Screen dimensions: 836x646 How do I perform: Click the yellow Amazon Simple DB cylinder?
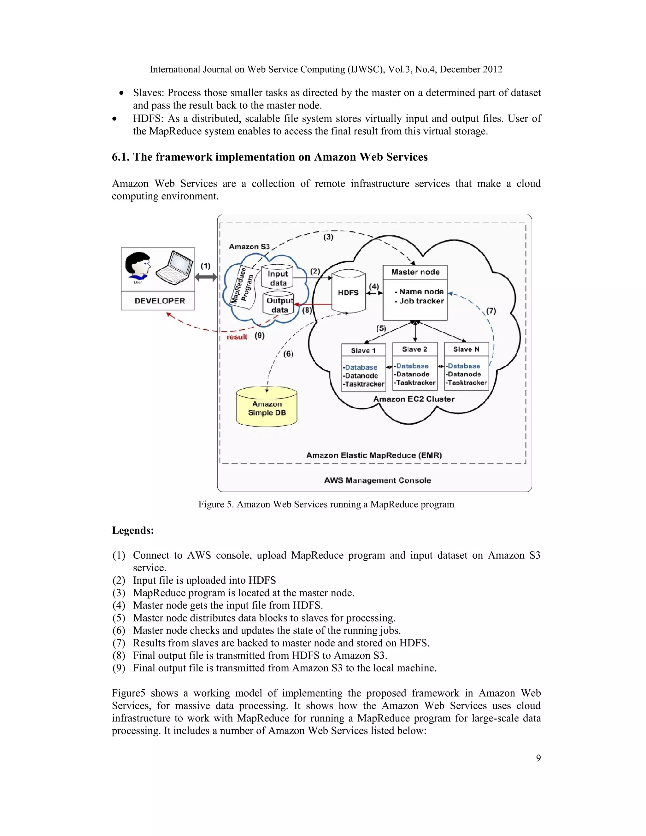(267, 408)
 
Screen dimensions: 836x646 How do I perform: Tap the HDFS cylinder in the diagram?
(348, 292)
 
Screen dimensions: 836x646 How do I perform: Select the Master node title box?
(415, 272)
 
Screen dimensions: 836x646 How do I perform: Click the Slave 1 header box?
(363, 350)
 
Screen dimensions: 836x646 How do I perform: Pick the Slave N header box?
(466, 349)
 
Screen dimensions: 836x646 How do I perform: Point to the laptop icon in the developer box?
(174, 268)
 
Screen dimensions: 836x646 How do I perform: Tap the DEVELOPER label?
(160, 301)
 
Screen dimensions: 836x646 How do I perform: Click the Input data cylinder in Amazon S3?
(278, 278)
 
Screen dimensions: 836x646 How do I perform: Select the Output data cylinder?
(279, 305)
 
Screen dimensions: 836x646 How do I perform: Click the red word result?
(237, 337)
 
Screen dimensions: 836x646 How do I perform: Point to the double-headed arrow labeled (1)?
(206, 277)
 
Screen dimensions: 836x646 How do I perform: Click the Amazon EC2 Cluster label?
(414, 399)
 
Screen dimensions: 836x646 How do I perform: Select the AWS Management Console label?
(377, 480)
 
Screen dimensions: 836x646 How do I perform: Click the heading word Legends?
(133, 530)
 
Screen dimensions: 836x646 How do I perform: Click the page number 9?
(538, 758)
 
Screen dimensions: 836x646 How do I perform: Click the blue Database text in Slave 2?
(412, 366)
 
